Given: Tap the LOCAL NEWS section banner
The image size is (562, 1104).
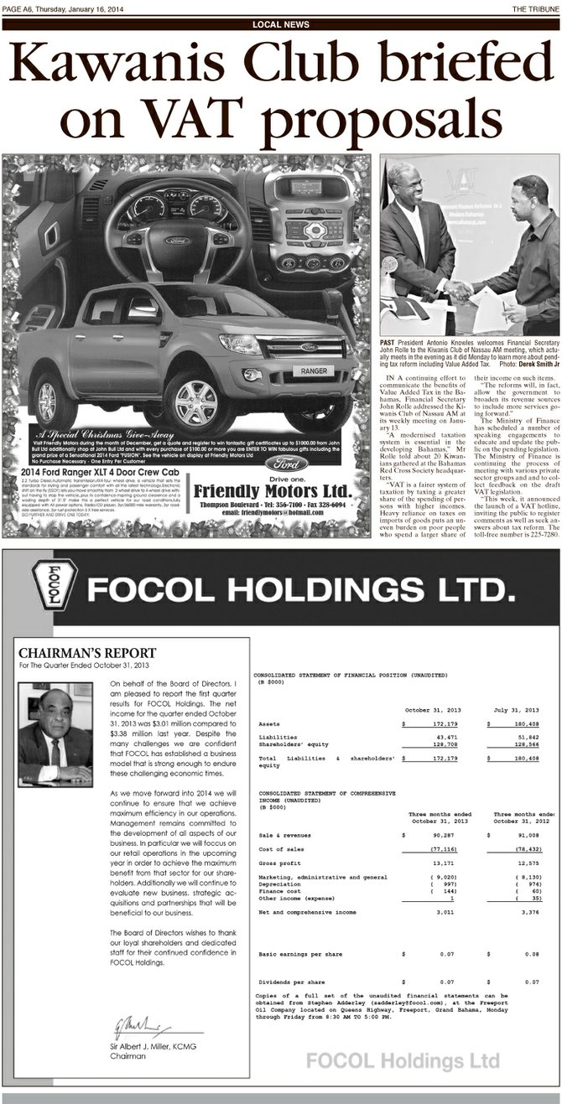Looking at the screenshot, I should [281, 24].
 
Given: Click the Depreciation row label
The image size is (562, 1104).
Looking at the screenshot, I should [284, 884].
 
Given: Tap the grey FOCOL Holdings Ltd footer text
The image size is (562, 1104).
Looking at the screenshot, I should [403, 1060].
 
